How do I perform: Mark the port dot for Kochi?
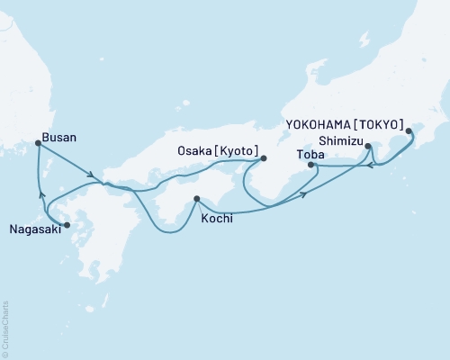(x=196, y=199)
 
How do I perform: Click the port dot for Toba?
(x=310, y=165)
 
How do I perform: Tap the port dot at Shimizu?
(x=368, y=146)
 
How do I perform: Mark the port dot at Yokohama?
(x=409, y=131)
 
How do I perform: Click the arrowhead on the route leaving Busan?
(x=92, y=175)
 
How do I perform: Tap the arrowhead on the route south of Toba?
(x=303, y=193)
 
